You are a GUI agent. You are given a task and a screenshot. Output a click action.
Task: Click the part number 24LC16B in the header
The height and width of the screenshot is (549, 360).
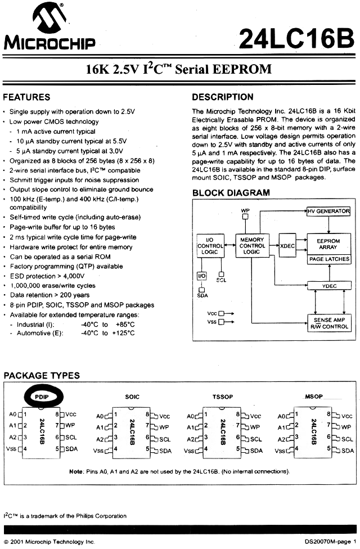pyautogui.click(x=297, y=39)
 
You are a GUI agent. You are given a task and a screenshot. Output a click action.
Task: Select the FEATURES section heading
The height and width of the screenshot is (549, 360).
pyautogui.click(x=26, y=97)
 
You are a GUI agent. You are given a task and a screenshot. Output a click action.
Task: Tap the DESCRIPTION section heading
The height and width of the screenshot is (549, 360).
pyautogui.click(x=223, y=97)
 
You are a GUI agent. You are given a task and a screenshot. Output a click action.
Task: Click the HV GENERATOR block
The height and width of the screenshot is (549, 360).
pyautogui.click(x=328, y=211)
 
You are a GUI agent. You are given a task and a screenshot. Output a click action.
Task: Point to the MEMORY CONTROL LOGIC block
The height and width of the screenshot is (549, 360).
pyautogui.click(x=252, y=246)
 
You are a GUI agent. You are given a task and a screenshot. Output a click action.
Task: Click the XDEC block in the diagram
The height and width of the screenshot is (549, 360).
pyautogui.click(x=288, y=246)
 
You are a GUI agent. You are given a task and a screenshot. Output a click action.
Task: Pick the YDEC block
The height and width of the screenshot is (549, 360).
pyautogui.click(x=329, y=286)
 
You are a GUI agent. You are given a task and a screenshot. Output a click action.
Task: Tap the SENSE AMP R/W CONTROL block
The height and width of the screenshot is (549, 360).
pyautogui.click(x=329, y=323)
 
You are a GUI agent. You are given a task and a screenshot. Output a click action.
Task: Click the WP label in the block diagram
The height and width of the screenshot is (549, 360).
pyautogui.click(x=245, y=210)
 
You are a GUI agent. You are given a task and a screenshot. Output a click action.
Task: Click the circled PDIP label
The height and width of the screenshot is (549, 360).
pyautogui.click(x=42, y=396)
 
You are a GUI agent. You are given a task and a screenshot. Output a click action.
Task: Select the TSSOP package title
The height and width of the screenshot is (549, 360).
pyautogui.click(x=223, y=397)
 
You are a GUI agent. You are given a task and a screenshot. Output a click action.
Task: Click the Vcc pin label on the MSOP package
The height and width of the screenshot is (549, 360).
pyautogui.click(x=348, y=416)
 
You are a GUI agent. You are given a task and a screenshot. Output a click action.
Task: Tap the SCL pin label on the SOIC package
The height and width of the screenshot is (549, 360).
pyautogui.click(x=164, y=439)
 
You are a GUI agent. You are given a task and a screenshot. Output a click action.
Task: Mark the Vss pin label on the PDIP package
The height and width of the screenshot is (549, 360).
pyautogui.click(x=11, y=448)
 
